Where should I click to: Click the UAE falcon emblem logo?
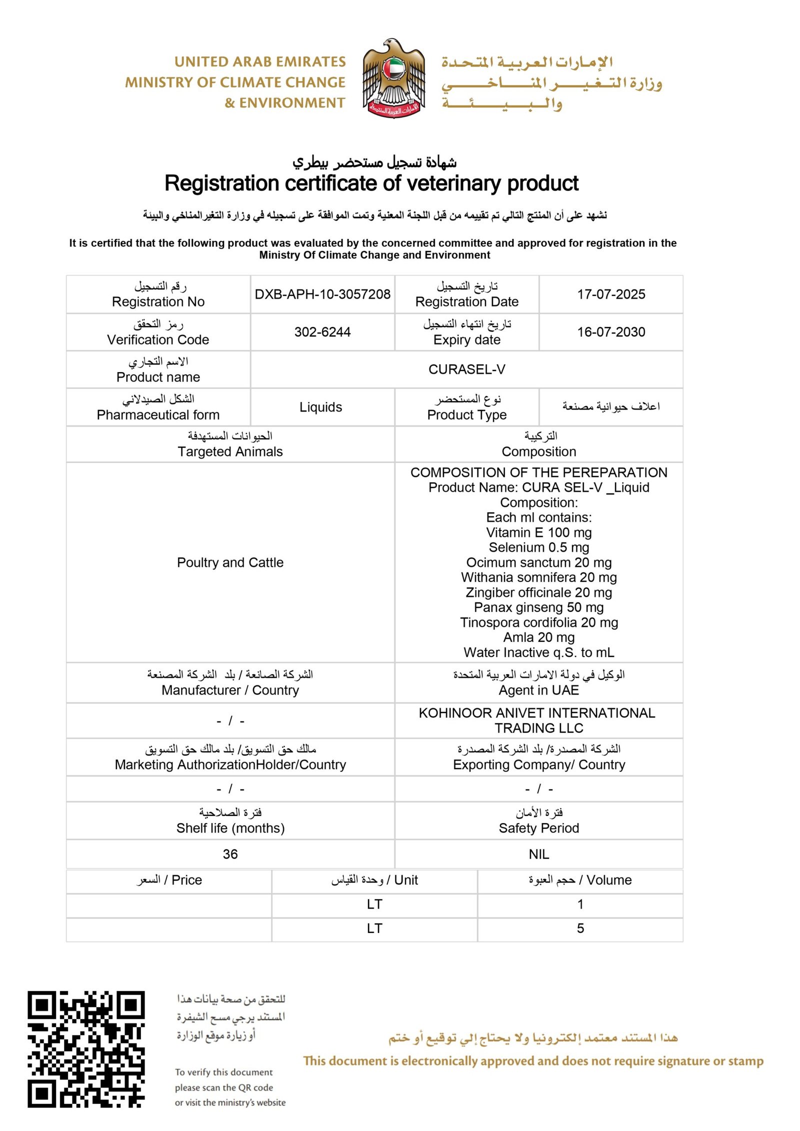[393, 78]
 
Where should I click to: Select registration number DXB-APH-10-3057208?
[322, 294]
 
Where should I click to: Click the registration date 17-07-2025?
[610, 294]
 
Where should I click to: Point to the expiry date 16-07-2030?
[610, 332]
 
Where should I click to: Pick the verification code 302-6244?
[322, 332]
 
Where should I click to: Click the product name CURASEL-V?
[466, 369]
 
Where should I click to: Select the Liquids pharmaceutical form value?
[320, 407]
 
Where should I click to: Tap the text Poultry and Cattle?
[230, 562]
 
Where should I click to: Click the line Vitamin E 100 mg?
[538, 532]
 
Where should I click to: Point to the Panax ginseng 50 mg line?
[538, 607]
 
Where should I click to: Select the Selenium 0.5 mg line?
[538, 547]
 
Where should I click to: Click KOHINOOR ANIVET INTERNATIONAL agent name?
[536, 713]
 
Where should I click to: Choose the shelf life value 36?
[230, 854]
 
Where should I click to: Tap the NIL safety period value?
[538, 854]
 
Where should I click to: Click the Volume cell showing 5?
[580, 928]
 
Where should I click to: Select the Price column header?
[169, 880]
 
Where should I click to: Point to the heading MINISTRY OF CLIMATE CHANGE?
[235, 82]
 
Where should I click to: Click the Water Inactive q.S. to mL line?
[538, 652]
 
